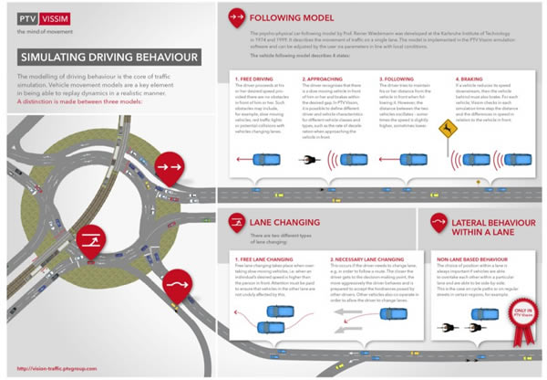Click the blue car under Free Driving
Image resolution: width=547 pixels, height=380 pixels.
[x=270, y=160]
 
